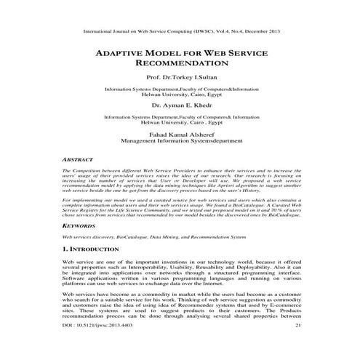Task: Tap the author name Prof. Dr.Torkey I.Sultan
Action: [180, 77]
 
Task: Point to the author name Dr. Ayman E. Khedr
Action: [180, 105]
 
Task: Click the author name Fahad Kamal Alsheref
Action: [180, 134]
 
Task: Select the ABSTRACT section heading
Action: [80, 158]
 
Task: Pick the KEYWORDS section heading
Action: [81, 226]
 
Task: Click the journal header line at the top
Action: [180, 32]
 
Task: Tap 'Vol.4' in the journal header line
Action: [215, 32]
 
